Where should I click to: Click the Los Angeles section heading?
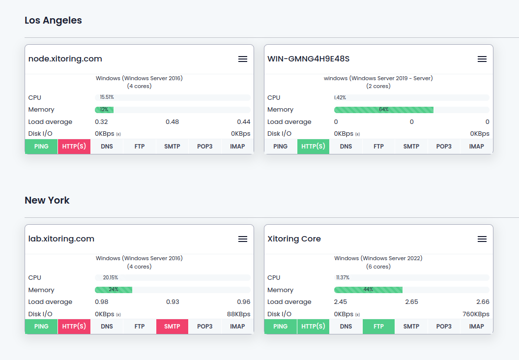click(x=53, y=20)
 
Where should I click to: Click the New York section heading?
click(x=47, y=200)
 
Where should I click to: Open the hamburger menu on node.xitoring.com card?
click(x=242, y=59)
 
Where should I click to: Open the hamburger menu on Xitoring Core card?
click(x=482, y=239)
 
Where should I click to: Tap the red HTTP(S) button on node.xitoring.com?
click(x=74, y=147)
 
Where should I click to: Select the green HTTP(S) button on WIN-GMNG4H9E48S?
click(x=313, y=147)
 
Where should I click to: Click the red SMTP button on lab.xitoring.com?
click(x=172, y=327)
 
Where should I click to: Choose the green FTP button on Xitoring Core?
click(x=378, y=327)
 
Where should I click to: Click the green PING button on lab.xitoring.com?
click(x=41, y=327)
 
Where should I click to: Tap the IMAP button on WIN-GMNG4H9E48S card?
click(x=476, y=147)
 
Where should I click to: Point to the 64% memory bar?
click(x=383, y=110)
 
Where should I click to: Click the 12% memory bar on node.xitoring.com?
click(x=104, y=110)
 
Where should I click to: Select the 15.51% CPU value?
click(x=107, y=97)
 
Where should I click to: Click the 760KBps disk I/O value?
click(x=476, y=314)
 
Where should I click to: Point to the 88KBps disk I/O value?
click(x=238, y=314)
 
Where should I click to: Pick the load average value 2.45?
click(x=341, y=302)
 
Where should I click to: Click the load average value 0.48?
click(x=172, y=122)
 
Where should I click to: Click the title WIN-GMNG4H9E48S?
click(x=308, y=59)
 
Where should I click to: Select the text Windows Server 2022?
click(x=391, y=258)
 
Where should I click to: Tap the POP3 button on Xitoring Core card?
click(x=444, y=327)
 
